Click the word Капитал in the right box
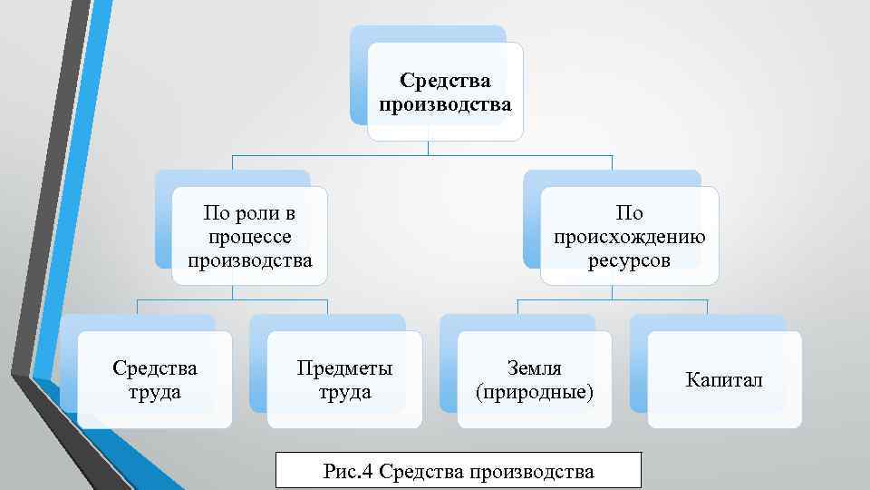point(724,380)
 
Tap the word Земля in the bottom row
point(535,368)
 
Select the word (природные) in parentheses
point(535,393)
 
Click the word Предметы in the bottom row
point(344,368)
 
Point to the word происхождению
point(629,238)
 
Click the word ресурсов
point(629,261)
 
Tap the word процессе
point(250,238)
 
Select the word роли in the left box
point(256,214)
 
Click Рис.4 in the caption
point(348,471)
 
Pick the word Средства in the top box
point(446,82)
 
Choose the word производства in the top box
point(446,105)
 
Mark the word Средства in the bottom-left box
point(155,368)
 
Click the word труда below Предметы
point(344,393)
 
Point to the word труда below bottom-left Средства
point(155,393)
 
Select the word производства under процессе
point(250,261)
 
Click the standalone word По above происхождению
point(629,214)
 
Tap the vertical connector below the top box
point(428,148)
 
